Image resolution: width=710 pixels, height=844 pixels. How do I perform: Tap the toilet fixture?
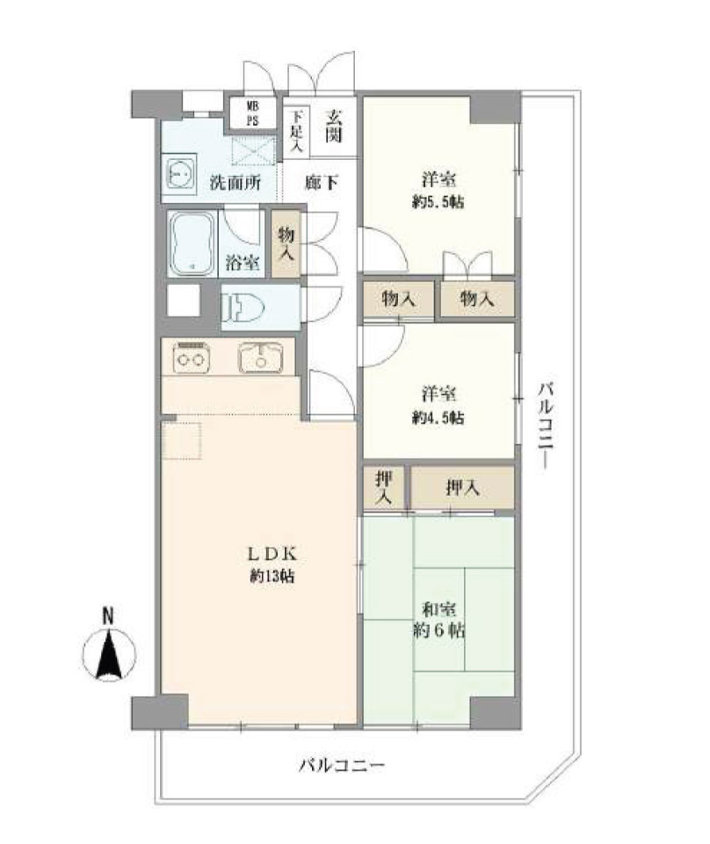[243, 308]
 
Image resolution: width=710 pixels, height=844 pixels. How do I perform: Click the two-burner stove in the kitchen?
[191, 358]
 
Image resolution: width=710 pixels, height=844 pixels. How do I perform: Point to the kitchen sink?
[261, 358]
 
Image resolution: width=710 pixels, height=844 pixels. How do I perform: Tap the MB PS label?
[252, 113]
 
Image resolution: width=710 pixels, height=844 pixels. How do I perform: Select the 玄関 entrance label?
[334, 126]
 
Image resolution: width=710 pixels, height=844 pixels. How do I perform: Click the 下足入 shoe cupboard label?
[297, 130]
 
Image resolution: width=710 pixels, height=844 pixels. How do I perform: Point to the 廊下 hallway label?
[321, 183]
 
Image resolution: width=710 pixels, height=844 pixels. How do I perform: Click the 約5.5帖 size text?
[438, 202]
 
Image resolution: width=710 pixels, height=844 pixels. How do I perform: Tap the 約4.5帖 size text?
[438, 417]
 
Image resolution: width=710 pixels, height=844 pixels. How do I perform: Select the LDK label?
[272, 553]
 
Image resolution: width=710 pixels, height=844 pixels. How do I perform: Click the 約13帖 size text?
[272, 577]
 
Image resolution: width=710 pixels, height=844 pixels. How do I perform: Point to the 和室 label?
[439, 609]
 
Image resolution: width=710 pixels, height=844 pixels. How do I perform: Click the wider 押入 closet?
[462, 488]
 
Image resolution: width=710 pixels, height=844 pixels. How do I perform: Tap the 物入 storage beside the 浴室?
[286, 244]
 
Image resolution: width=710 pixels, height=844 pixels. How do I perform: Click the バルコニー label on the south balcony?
[342, 765]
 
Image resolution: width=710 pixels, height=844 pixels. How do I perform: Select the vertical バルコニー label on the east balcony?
[547, 426]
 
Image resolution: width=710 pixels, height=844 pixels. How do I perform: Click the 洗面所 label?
[235, 183]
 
